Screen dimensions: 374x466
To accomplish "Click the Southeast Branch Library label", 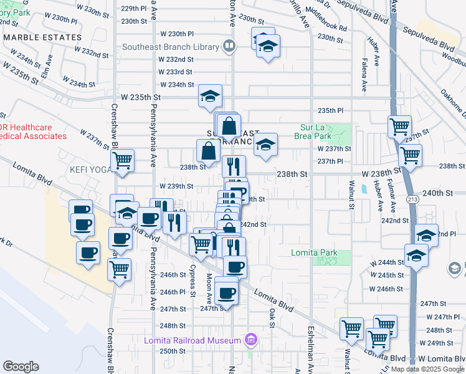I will tap(170, 47).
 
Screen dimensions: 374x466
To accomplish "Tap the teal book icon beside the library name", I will tap(229, 46).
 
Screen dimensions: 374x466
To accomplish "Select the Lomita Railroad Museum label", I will tap(192, 340).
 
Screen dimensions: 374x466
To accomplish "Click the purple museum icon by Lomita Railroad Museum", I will tap(250, 340).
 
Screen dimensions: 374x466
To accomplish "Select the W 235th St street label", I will tap(141, 97).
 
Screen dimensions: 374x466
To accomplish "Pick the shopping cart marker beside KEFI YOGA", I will tap(123, 160).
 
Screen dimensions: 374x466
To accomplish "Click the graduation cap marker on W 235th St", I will tap(211, 96).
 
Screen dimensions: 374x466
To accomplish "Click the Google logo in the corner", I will tap(21, 367).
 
